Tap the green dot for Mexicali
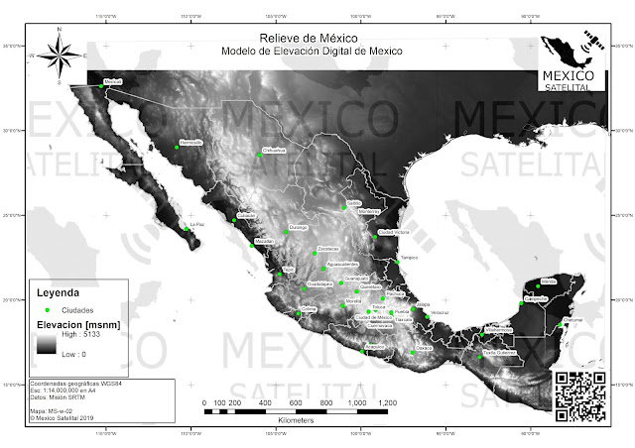click(x=100, y=86)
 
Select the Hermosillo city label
click(x=191, y=143)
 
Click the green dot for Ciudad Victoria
click(x=375, y=236)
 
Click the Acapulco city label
click(x=374, y=344)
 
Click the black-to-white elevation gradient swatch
click(x=46, y=345)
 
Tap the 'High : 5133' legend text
click(x=80, y=337)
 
